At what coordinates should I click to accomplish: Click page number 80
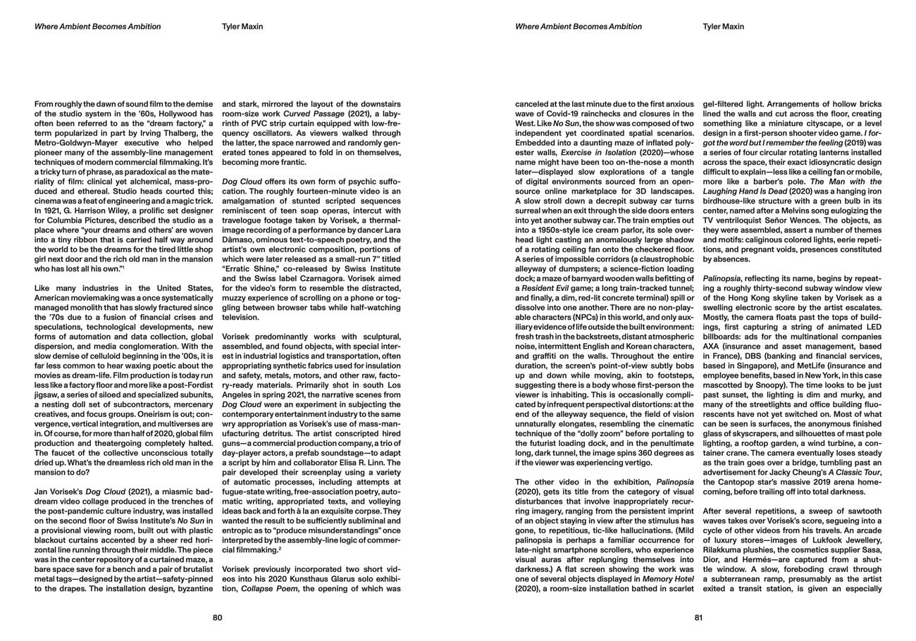[217, 618]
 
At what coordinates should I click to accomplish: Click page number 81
[698, 618]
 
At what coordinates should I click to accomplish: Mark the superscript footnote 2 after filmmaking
[279, 547]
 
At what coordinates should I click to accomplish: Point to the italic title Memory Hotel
[662, 578]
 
